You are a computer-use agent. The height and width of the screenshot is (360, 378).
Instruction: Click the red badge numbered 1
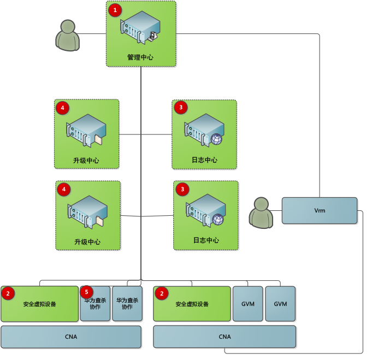[115, 10]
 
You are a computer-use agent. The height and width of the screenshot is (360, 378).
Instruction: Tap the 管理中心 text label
[140, 57]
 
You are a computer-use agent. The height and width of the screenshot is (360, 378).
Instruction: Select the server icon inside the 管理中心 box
[141, 29]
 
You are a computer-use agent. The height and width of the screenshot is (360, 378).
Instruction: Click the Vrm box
[320, 210]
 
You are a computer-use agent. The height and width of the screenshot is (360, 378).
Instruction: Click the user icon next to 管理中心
[67, 36]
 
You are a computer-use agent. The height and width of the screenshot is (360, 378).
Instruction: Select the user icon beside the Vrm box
[261, 213]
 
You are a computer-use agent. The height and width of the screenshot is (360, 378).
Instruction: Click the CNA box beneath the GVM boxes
[224, 337]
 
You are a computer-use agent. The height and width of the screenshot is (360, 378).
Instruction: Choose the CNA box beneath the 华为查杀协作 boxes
[71, 337]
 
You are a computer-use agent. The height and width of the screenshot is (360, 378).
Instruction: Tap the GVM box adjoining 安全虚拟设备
[248, 304]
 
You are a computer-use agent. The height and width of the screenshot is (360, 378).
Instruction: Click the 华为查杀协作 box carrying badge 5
[96, 304]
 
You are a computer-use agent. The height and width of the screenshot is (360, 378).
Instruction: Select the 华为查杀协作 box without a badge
[127, 304]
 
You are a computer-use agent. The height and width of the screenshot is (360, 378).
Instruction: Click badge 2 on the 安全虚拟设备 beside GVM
[161, 294]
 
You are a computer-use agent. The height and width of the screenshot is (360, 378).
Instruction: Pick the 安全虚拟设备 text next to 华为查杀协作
[40, 304]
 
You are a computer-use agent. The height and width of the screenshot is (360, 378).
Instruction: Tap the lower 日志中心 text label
[206, 240]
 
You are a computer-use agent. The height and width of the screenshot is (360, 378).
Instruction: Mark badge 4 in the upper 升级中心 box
[63, 108]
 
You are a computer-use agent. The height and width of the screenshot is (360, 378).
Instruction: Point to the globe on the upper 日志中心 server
[216, 139]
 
